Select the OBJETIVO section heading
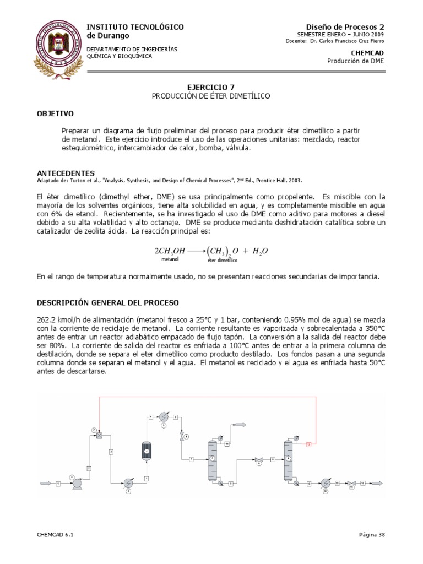point(55,113)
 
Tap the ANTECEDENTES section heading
point(66,172)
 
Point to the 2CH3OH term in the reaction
point(170,251)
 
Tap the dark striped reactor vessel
point(147,450)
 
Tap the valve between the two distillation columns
point(258,458)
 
